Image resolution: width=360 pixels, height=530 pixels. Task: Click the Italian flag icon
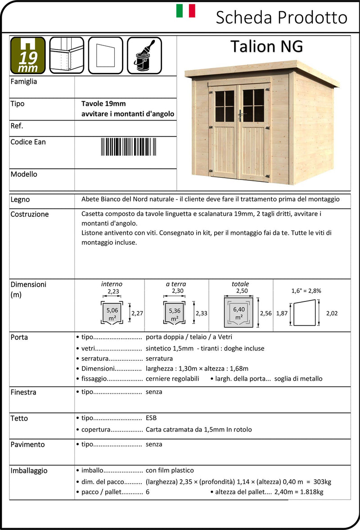tap(185, 11)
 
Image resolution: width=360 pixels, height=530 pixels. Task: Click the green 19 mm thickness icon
tap(28, 55)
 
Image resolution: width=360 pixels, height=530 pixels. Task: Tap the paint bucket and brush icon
tap(144, 55)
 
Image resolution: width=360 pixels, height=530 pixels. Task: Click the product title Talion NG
tap(266, 46)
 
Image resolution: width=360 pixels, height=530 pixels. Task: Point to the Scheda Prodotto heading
tap(282, 18)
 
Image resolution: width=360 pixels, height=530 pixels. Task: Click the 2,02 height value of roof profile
tap(331, 313)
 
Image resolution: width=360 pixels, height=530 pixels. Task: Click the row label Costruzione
tap(29, 214)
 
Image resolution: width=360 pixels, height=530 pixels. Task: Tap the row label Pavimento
tap(27, 445)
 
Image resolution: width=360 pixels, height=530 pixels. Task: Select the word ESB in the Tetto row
tap(151, 418)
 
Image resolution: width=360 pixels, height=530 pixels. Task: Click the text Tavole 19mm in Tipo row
tap(100, 104)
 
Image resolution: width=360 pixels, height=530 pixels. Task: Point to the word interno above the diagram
tap(112, 284)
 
